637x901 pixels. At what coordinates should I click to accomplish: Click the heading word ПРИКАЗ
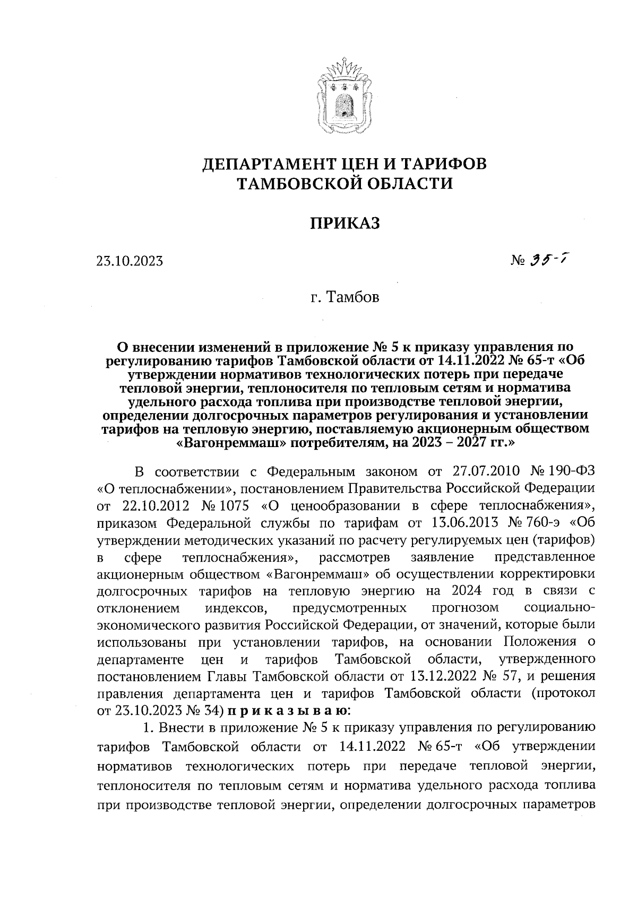345,224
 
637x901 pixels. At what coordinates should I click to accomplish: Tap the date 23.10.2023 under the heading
130,261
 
